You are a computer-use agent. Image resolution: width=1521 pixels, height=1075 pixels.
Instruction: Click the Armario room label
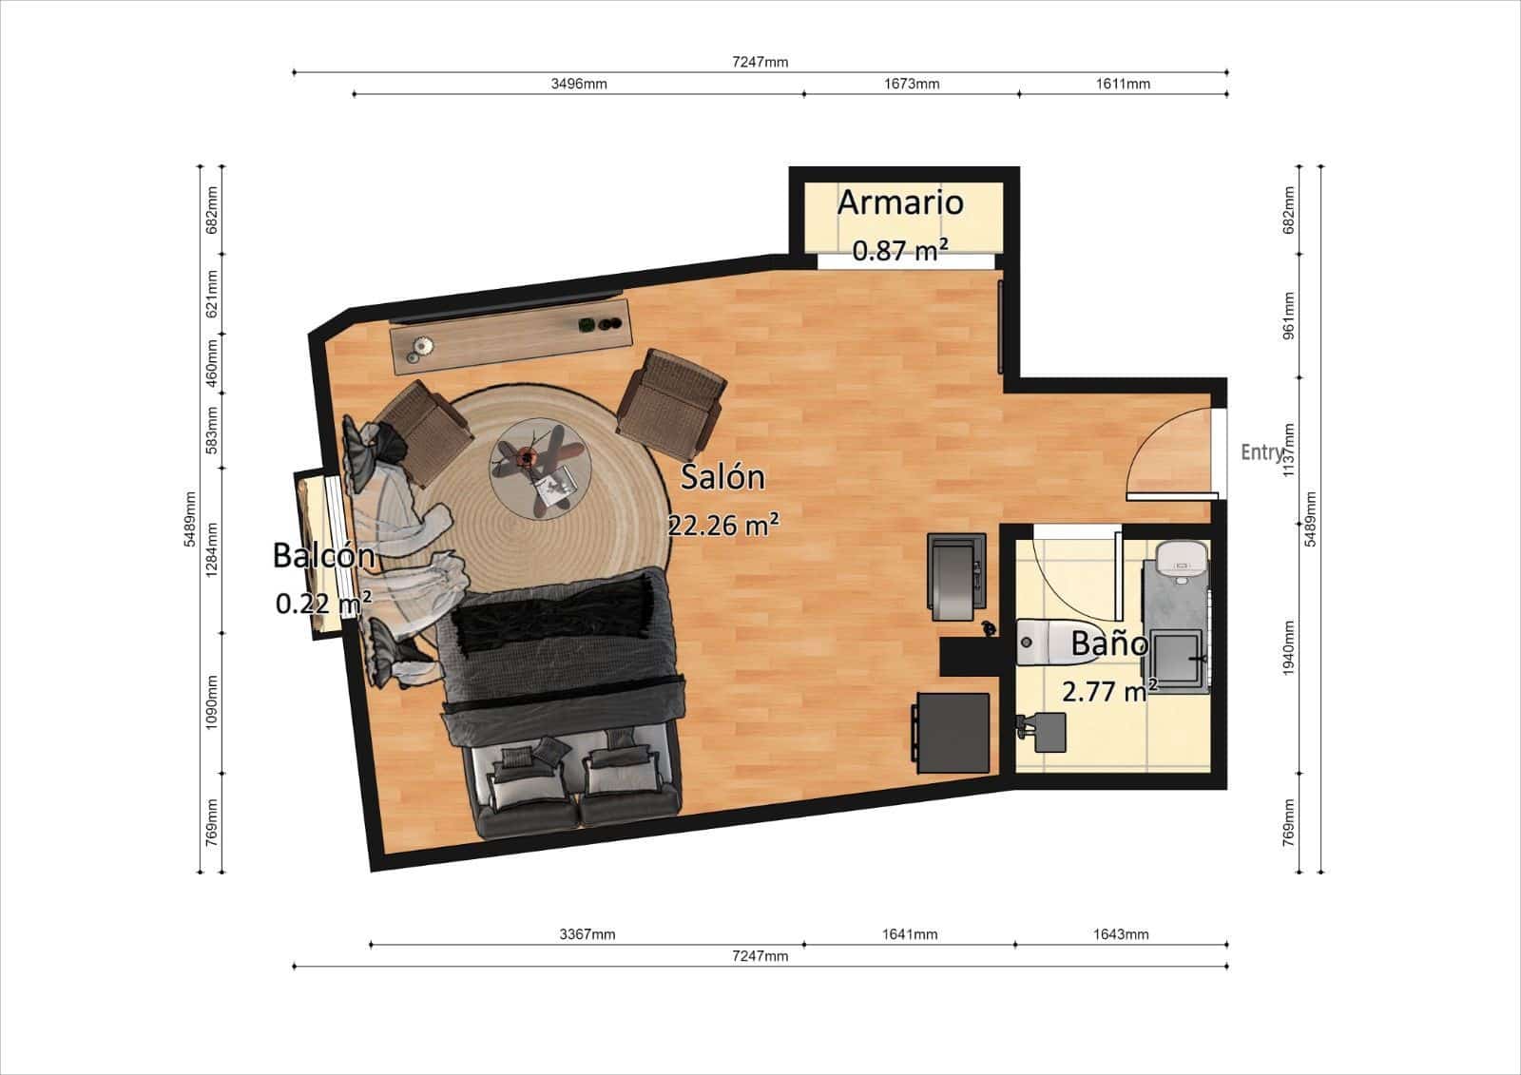[x=899, y=202]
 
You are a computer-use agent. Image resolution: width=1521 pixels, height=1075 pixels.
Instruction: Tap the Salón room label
[x=722, y=476]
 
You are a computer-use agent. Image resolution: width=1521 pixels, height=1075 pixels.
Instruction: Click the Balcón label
[x=323, y=555]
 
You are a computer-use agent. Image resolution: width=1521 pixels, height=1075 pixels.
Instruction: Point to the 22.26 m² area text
[x=723, y=524]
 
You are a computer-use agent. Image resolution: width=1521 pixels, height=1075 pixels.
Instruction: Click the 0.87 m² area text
[x=899, y=251]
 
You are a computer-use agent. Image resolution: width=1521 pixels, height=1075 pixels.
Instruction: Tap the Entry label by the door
[x=1261, y=452]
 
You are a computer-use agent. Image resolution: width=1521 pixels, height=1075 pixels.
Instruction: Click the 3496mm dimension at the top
[x=578, y=84]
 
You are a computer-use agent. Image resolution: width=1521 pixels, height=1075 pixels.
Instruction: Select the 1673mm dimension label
[x=911, y=84]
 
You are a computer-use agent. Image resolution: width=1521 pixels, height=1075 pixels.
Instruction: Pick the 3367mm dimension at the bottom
[x=587, y=934]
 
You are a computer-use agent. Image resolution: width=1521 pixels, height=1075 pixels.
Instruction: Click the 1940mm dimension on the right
[x=1289, y=647]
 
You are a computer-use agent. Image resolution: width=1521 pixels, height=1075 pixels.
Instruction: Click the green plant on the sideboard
[x=587, y=325]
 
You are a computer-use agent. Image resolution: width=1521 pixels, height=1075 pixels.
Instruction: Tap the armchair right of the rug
[x=669, y=401]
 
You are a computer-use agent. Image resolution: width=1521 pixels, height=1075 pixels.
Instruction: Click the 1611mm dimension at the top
[x=1122, y=84]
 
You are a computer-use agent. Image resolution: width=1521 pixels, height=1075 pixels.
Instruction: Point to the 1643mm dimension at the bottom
[x=1121, y=934]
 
